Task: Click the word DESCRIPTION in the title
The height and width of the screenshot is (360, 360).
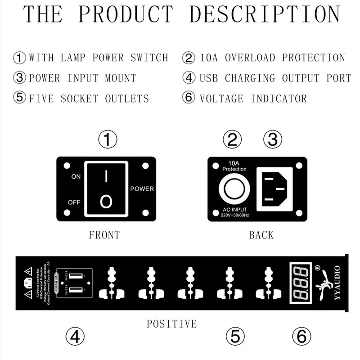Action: click(264, 14)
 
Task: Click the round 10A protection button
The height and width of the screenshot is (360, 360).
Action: click(234, 190)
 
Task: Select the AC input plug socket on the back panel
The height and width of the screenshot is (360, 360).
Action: click(274, 189)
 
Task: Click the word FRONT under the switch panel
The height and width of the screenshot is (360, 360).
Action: click(104, 235)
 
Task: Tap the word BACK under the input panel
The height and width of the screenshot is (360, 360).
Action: click(261, 235)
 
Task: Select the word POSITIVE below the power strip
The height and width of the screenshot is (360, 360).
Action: click(171, 324)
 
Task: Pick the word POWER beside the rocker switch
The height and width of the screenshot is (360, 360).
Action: click(142, 189)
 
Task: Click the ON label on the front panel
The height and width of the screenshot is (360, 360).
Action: click(76, 177)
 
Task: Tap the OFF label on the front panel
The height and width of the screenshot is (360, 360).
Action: click(74, 202)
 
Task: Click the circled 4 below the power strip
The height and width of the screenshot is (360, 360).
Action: click(75, 336)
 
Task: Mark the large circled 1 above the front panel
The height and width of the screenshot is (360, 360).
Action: click(108, 140)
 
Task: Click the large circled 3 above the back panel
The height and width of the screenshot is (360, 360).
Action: click(272, 140)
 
